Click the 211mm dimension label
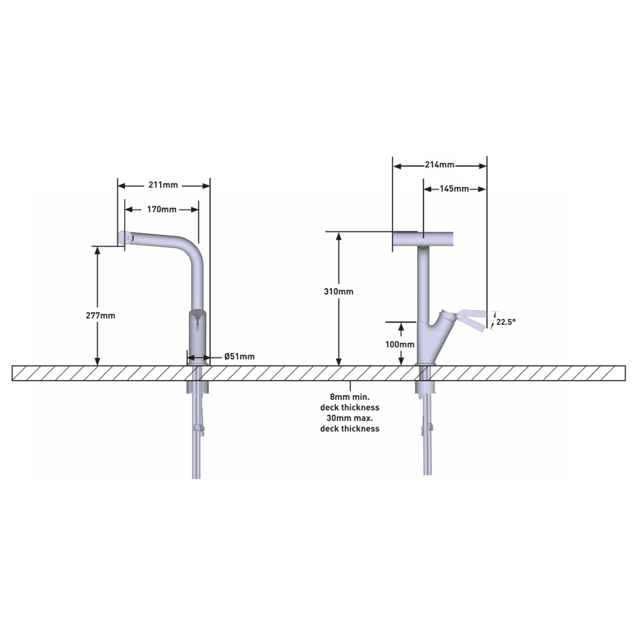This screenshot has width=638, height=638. [163, 186]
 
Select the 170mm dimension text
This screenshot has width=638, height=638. [162, 209]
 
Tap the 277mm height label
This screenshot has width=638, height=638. [100, 315]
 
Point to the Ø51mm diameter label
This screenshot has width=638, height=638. [239, 357]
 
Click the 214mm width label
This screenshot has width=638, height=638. [440, 165]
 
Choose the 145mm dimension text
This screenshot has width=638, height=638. [454, 189]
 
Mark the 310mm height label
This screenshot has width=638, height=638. [339, 291]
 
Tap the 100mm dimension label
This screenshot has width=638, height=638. [400, 345]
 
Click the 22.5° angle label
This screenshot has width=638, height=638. [506, 322]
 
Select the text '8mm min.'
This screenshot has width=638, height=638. [349, 397]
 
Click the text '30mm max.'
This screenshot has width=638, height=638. [349, 418]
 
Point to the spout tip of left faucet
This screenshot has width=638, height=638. [123, 238]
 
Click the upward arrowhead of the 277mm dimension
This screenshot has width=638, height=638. [97, 250]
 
